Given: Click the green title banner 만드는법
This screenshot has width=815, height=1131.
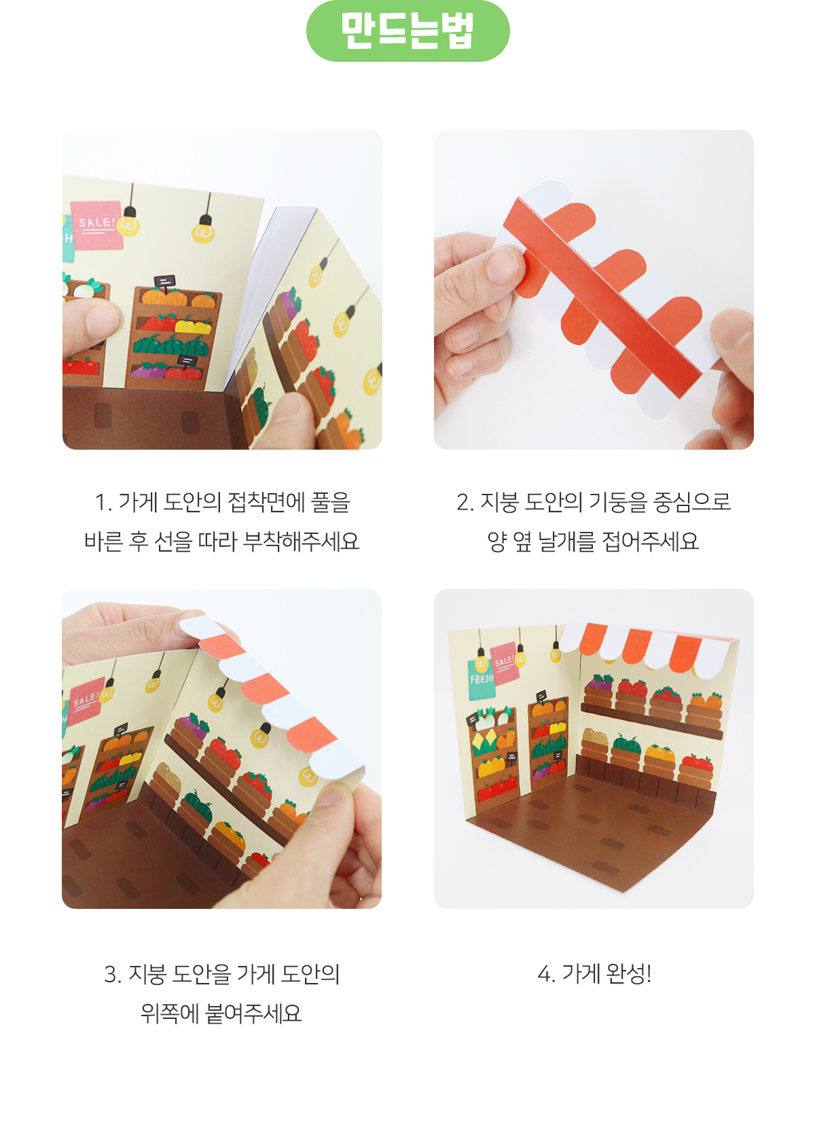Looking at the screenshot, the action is (407, 31).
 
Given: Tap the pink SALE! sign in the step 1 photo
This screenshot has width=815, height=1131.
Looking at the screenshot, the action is (96, 226).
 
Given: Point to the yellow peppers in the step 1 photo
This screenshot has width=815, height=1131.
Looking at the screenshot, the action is (193, 325).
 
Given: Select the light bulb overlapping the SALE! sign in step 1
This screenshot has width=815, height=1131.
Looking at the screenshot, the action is (128, 226).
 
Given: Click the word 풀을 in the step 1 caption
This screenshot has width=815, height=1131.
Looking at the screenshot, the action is (330, 503).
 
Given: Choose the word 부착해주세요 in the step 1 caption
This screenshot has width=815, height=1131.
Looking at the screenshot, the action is (301, 541).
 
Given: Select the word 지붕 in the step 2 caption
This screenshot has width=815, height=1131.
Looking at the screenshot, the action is (499, 503).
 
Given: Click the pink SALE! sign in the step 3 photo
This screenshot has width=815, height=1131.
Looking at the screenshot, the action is (86, 700).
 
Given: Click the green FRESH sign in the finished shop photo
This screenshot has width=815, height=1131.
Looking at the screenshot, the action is (482, 679).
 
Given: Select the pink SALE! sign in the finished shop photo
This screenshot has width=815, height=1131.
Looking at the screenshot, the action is (504, 663).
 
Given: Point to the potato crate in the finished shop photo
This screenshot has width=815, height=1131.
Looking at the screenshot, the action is (595, 744).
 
